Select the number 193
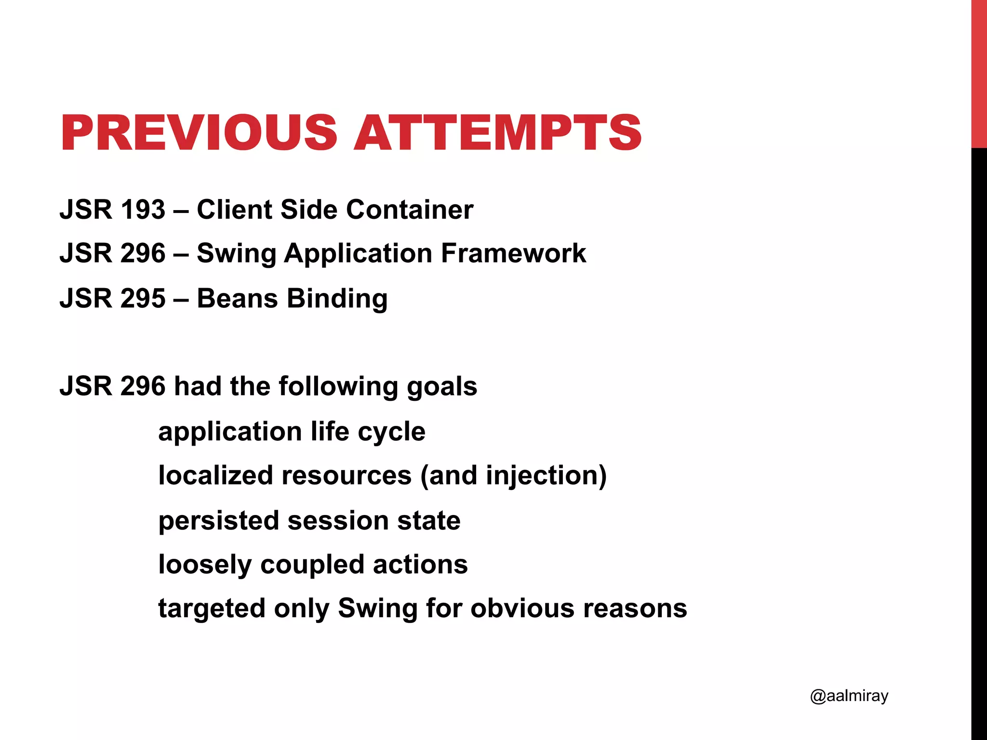pyautogui.click(x=143, y=210)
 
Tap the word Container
pyautogui.click(x=410, y=210)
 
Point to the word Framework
pyautogui.click(x=513, y=253)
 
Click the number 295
pyautogui.click(x=143, y=298)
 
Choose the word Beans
pyautogui.click(x=238, y=298)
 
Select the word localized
pyautogui.click(x=215, y=476)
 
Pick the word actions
pyautogui.click(x=420, y=565)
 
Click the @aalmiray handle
pyautogui.click(x=849, y=696)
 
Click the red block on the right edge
pyautogui.click(x=979, y=72)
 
